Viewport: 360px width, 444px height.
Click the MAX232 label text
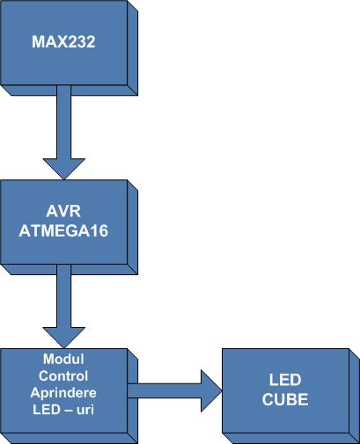click(63, 42)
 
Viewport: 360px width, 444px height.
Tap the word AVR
click(63, 211)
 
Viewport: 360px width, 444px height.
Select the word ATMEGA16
click(63, 231)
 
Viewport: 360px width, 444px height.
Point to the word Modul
click(63, 359)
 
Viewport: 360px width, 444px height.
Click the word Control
click(63, 376)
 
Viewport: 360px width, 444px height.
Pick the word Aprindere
click(63, 393)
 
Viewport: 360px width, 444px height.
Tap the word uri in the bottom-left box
click(85, 410)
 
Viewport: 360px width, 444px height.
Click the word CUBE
click(285, 399)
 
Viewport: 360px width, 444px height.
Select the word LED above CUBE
click(285, 380)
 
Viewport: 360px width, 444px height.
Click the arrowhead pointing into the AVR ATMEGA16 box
click(64, 169)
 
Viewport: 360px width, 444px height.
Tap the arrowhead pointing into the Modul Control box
click(64, 338)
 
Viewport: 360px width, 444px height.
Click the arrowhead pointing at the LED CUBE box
click(211, 391)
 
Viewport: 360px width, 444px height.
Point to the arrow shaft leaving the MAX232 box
click(64, 122)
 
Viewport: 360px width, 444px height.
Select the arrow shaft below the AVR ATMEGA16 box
click(64, 296)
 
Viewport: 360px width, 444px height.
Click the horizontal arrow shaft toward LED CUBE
click(165, 391)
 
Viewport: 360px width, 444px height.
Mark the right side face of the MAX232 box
click(133, 48)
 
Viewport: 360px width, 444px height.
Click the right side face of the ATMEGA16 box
click(133, 228)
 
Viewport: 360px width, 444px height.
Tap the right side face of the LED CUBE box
click(355, 397)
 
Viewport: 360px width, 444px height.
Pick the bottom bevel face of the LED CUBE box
click(290, 439)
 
